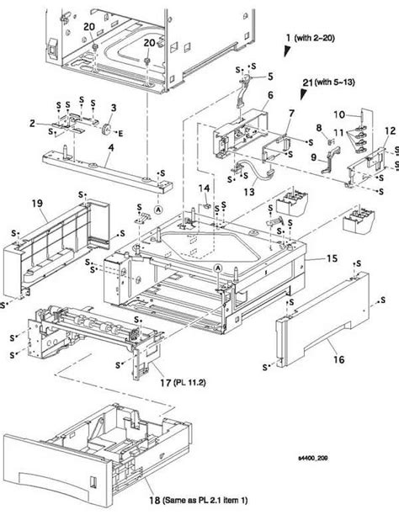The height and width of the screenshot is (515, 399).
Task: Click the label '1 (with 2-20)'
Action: (317, 39)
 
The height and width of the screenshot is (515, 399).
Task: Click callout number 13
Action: (250, 193)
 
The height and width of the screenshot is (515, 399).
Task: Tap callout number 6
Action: (270, 95)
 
